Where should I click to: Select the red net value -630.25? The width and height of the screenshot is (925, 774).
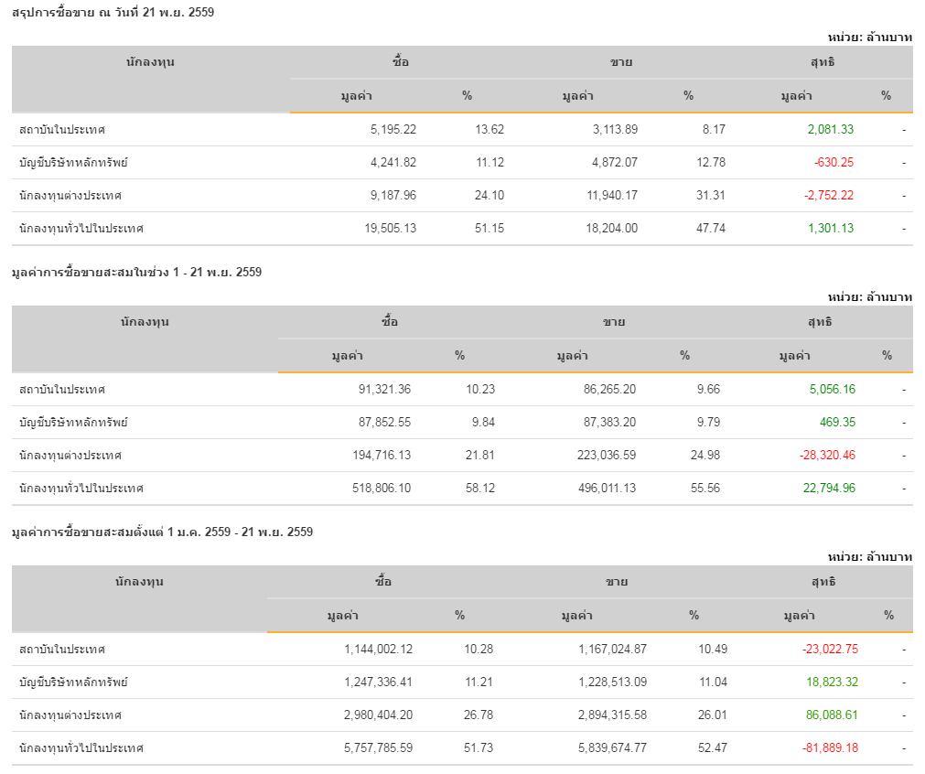click(834, 163)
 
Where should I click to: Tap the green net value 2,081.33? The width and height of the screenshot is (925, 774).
click(831, 130)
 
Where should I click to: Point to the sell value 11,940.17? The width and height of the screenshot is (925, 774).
click(607, 196)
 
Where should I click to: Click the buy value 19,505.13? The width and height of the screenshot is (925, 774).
click(390, 229)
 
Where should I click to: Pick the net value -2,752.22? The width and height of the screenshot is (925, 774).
click(829, 196)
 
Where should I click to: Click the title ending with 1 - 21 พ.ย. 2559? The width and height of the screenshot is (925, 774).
click(136, 272)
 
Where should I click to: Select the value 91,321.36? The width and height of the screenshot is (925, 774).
click(384, 390)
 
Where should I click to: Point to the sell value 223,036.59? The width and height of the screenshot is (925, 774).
click(597, 456)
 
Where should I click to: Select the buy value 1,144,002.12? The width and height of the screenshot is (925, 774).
click(379, 650)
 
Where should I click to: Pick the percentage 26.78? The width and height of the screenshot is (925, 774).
click(479, 715)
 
